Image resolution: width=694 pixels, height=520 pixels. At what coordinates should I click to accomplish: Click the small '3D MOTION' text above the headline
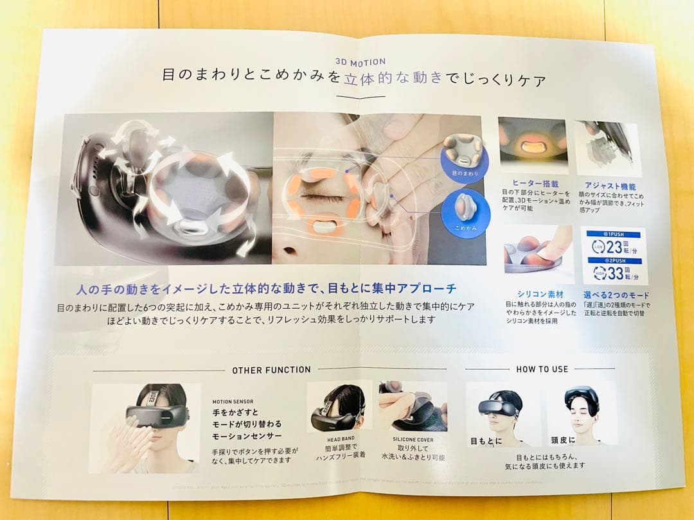click(x=360, y=62)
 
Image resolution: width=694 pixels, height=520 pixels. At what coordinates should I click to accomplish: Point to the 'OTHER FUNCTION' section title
click(x=271, y=370)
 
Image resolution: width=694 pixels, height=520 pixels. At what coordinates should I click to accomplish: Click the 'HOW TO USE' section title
click(x=542, y=369)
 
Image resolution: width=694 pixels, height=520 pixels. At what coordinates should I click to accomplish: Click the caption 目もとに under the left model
click(x=487, y=441)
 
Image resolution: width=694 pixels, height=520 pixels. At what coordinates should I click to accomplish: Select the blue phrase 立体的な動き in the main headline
click(x=393, y=80)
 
